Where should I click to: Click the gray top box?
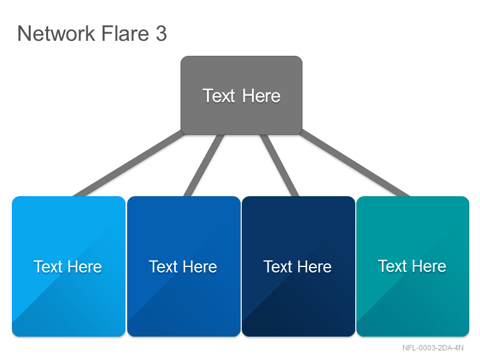pos(242,95)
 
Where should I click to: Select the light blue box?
pos(68,266)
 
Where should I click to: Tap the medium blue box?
pos(184,266)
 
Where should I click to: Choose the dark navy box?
pos(298,266)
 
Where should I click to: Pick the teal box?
pos(413,266)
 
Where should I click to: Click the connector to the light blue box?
pos(128,163)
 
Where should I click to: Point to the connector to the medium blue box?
pos(204,166)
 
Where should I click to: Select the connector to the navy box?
pos(279,166)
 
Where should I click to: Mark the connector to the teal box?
pos(355,163)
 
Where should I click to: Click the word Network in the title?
pos(56,34)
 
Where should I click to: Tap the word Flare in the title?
pos(125,33)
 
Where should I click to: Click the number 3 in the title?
pos(161,34)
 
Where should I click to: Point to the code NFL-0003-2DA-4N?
pos(433,348)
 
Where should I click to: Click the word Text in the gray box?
pos(218,95)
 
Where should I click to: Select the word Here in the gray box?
pos(261,96)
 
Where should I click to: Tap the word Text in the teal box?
pos(393,266)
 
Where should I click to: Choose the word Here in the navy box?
pos(314,266)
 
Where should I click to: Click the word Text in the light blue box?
pos(48,266)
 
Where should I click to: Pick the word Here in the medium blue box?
pos(200,266)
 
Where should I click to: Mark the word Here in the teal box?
pos(429,266)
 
